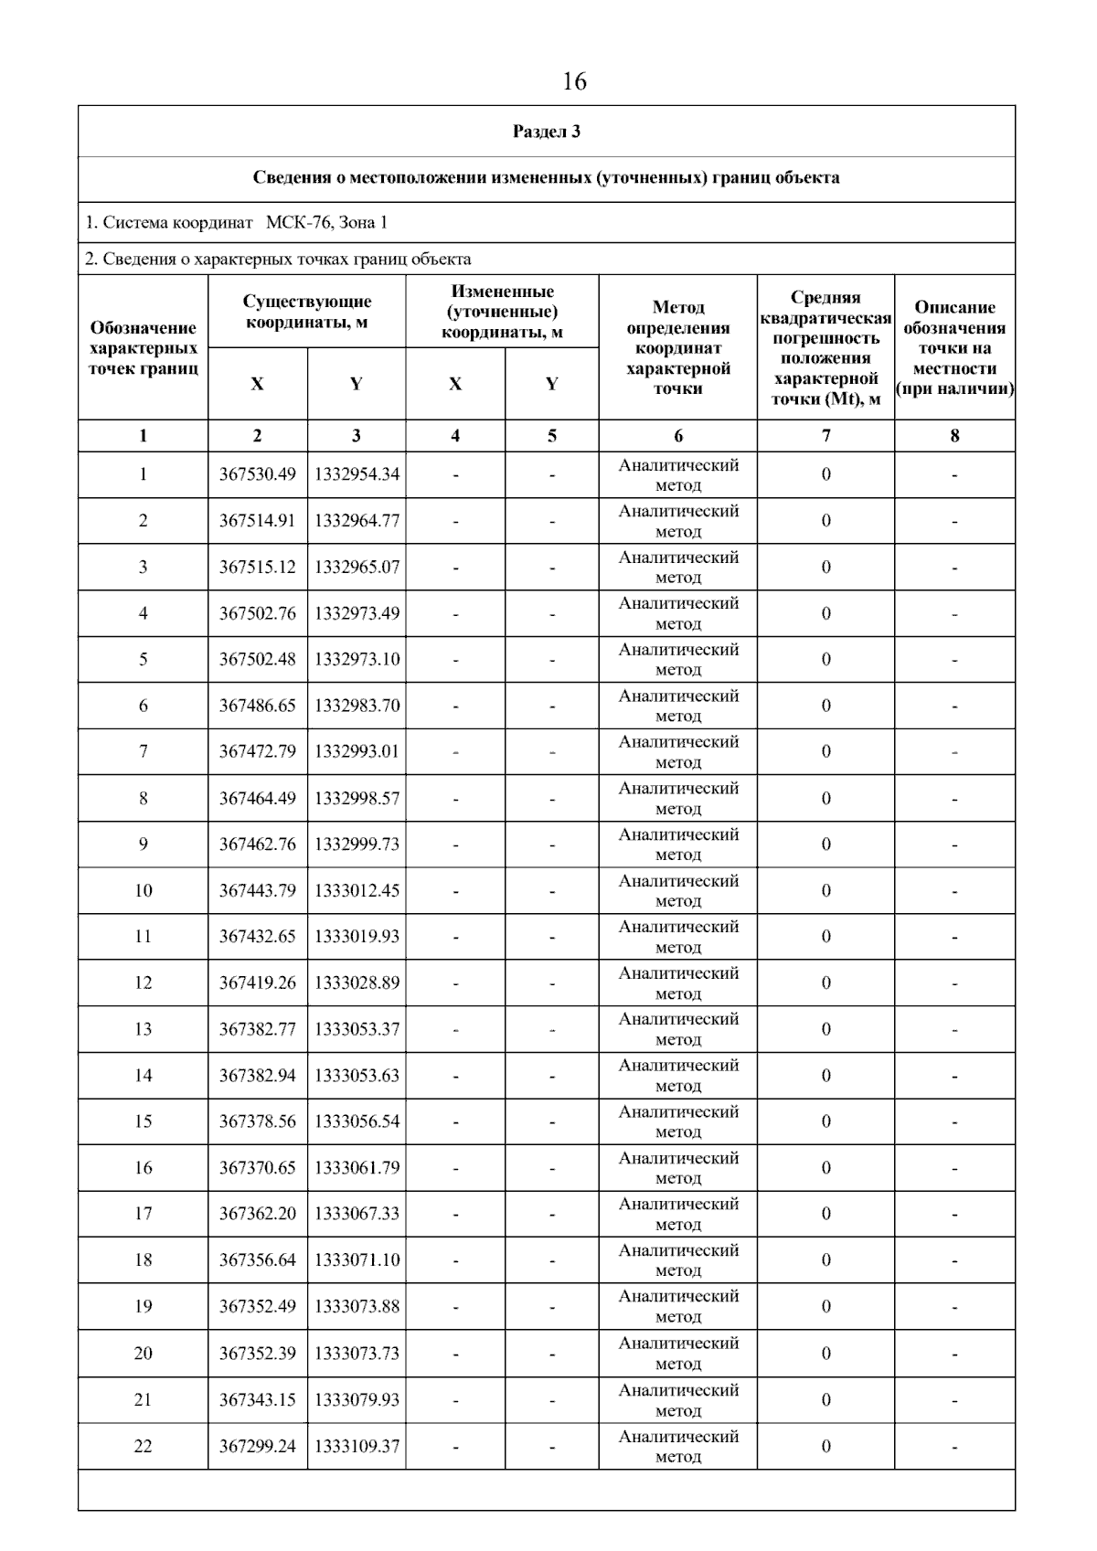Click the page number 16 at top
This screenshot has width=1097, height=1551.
tap(574, 82)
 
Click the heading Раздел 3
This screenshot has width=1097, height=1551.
tap(547, 132)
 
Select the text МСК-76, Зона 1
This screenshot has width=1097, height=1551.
tap(326, 223)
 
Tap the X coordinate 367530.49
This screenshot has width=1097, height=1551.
tap(257, 474)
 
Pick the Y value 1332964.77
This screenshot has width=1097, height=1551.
tap(357, 521)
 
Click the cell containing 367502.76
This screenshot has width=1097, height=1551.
tap(257, 613)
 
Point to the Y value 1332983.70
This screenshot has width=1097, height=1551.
tap(357, 706)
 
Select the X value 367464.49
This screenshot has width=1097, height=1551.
tap(257, 798)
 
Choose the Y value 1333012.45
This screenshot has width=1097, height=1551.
tap(357, 890)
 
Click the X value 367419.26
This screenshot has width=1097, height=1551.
tap(257, 983)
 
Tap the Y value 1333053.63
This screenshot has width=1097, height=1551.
tap(357, 1076)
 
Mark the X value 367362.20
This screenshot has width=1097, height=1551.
tap(257, 1214)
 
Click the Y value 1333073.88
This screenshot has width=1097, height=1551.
tap(357, 1306)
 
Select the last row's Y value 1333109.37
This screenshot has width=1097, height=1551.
tap(357, 1446)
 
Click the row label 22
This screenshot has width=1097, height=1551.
tap(143, 1446)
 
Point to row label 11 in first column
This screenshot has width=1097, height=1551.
tap(143, 936)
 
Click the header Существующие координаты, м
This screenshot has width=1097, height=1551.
tap(307, 312)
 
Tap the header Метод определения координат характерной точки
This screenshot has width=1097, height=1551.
tap(678, 347)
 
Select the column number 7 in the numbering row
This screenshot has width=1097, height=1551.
tap(825, 436)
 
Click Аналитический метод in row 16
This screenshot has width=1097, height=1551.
tap(678, 1168)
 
